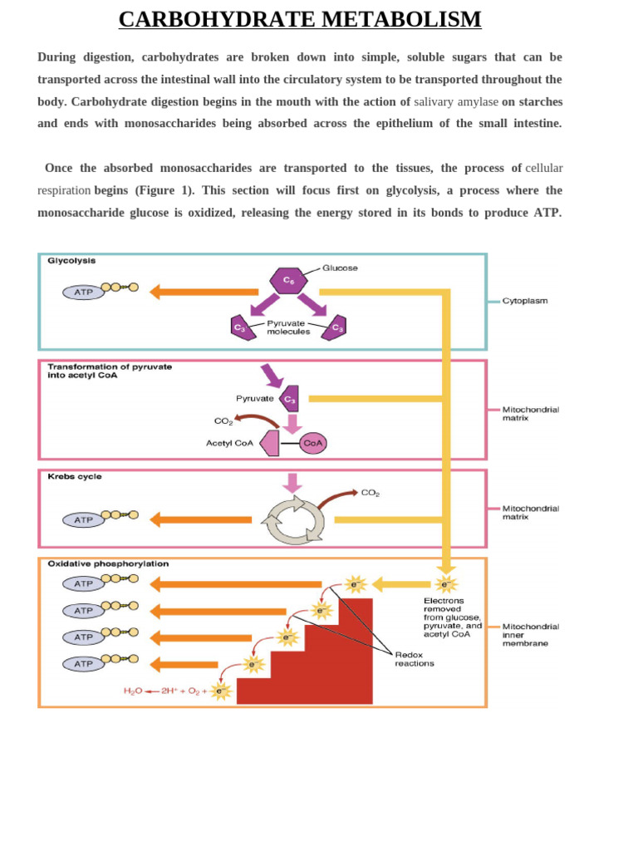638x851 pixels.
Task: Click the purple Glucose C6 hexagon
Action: [288, 280]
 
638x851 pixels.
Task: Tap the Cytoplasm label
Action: [525, 301]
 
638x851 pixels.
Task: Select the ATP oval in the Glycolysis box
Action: [84, 293]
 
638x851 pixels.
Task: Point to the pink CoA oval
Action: [313, 443]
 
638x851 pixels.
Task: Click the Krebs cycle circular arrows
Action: [293, 520]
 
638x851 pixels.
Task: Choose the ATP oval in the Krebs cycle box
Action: [84, 520]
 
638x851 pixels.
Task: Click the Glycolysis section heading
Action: [71, 260]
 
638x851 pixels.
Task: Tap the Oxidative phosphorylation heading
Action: [108, 563]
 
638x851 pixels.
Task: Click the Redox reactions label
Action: [414, 659]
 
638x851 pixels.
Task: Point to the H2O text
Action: [133, 691]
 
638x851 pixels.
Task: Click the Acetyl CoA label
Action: [229, 443]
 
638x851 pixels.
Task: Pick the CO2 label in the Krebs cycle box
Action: [370, 493]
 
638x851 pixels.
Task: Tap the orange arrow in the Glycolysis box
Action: [204, 292]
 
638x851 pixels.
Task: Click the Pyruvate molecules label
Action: [288, 327]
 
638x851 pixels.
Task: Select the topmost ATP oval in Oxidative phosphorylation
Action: [84, 583]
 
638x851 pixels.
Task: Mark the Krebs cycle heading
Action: [75, 477]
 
